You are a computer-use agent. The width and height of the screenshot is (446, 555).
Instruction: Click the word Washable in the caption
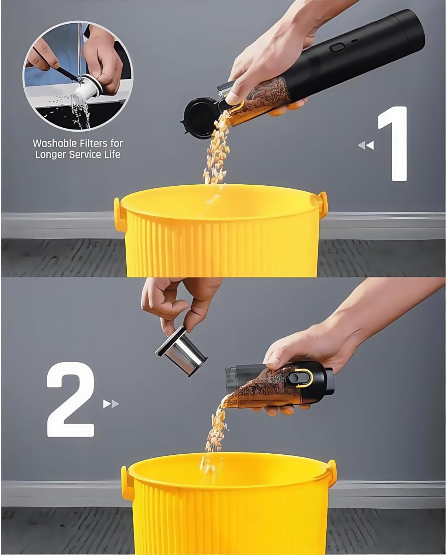pos(54,143)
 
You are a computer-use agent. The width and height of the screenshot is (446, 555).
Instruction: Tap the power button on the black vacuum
pos(337,47)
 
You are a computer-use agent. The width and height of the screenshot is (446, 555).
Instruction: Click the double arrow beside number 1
pos(366,145)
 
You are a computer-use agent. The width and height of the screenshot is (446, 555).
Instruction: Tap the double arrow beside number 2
pos(111,404)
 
